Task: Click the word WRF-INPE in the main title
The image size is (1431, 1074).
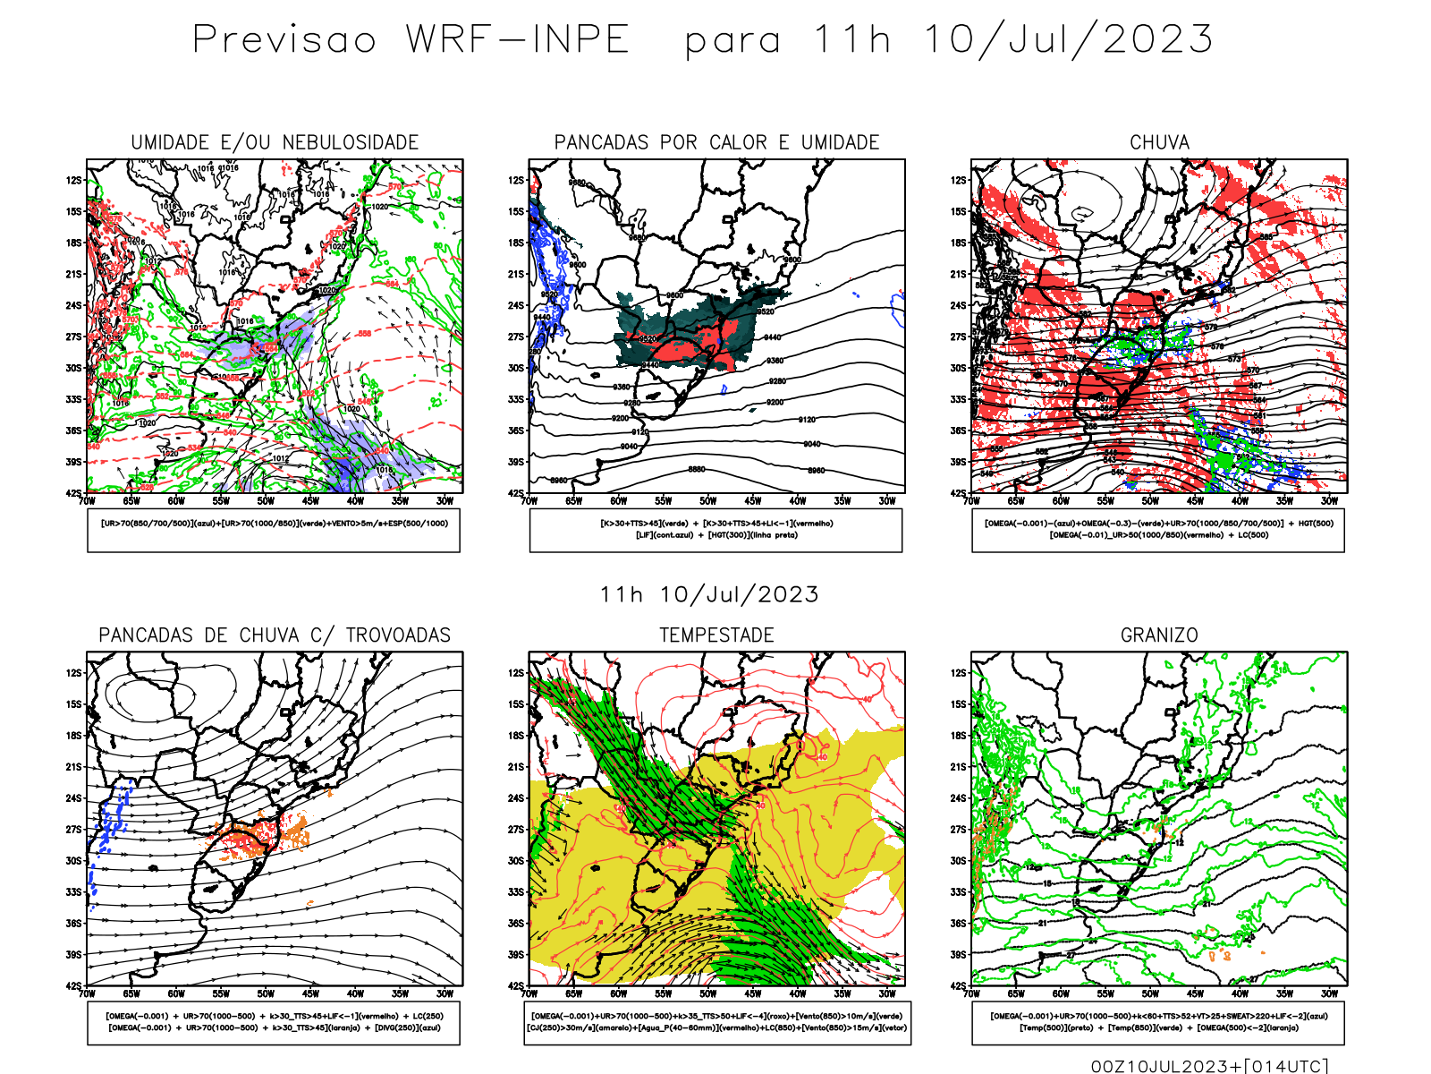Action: click(x=518, y=40)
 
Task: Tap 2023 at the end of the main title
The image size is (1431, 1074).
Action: click(x=1158, y=40)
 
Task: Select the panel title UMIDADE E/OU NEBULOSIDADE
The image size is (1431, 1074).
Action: click(x=275, y=142)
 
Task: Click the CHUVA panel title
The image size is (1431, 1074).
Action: click(x=1159, y=142)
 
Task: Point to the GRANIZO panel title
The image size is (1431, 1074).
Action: click(x=1159, y=635)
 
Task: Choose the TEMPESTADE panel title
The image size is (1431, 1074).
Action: click(x=716, y=635)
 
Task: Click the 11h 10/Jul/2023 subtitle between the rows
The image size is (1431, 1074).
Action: click(x=709, y=595)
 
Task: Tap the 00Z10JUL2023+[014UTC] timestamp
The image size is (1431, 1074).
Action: click(x=1209, y=1066)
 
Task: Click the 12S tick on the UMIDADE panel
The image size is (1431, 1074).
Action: click(x=73, y=180)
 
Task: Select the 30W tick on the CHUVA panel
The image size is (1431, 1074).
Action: click(x=1329, y=501)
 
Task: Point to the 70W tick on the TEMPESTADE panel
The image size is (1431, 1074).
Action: click(x=529, y=993)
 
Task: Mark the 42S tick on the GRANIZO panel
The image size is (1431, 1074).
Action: click(x=958, y=985)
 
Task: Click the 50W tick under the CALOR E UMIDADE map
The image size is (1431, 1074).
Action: click(x=708, y=501)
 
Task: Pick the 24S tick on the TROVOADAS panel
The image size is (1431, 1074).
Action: click(x=73, y=797)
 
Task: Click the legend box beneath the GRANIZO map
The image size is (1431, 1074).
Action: click(x=1158, y=1022)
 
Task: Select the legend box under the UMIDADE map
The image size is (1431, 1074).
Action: click(x=274, y=530)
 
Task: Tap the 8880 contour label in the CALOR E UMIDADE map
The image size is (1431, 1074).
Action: click(x=697, y=469)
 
